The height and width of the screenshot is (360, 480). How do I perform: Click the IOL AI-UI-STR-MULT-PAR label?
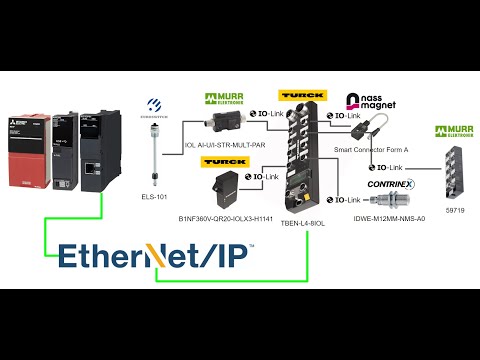click(225, 145)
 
